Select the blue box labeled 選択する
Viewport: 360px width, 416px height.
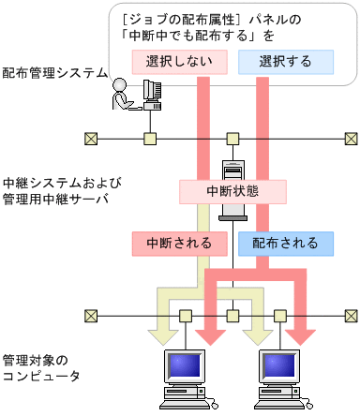[285, 62]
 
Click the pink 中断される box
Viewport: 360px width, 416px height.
[178, 243]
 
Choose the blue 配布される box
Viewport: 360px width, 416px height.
[285, 243]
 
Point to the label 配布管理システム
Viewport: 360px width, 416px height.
[53, 72]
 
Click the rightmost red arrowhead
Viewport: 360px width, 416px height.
[303, 334]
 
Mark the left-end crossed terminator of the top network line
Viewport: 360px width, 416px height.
[90, 139]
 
